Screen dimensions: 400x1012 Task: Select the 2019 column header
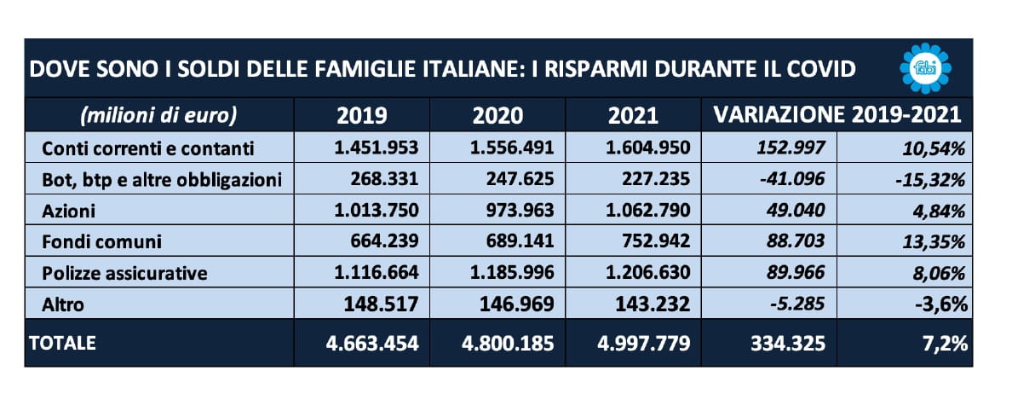[361, 115]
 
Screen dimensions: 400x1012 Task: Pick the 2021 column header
[635, 115]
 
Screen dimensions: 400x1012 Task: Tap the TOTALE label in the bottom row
[63, 343]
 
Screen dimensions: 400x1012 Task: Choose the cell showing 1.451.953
[377, 148]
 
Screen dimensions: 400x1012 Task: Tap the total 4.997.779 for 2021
[643, 344]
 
